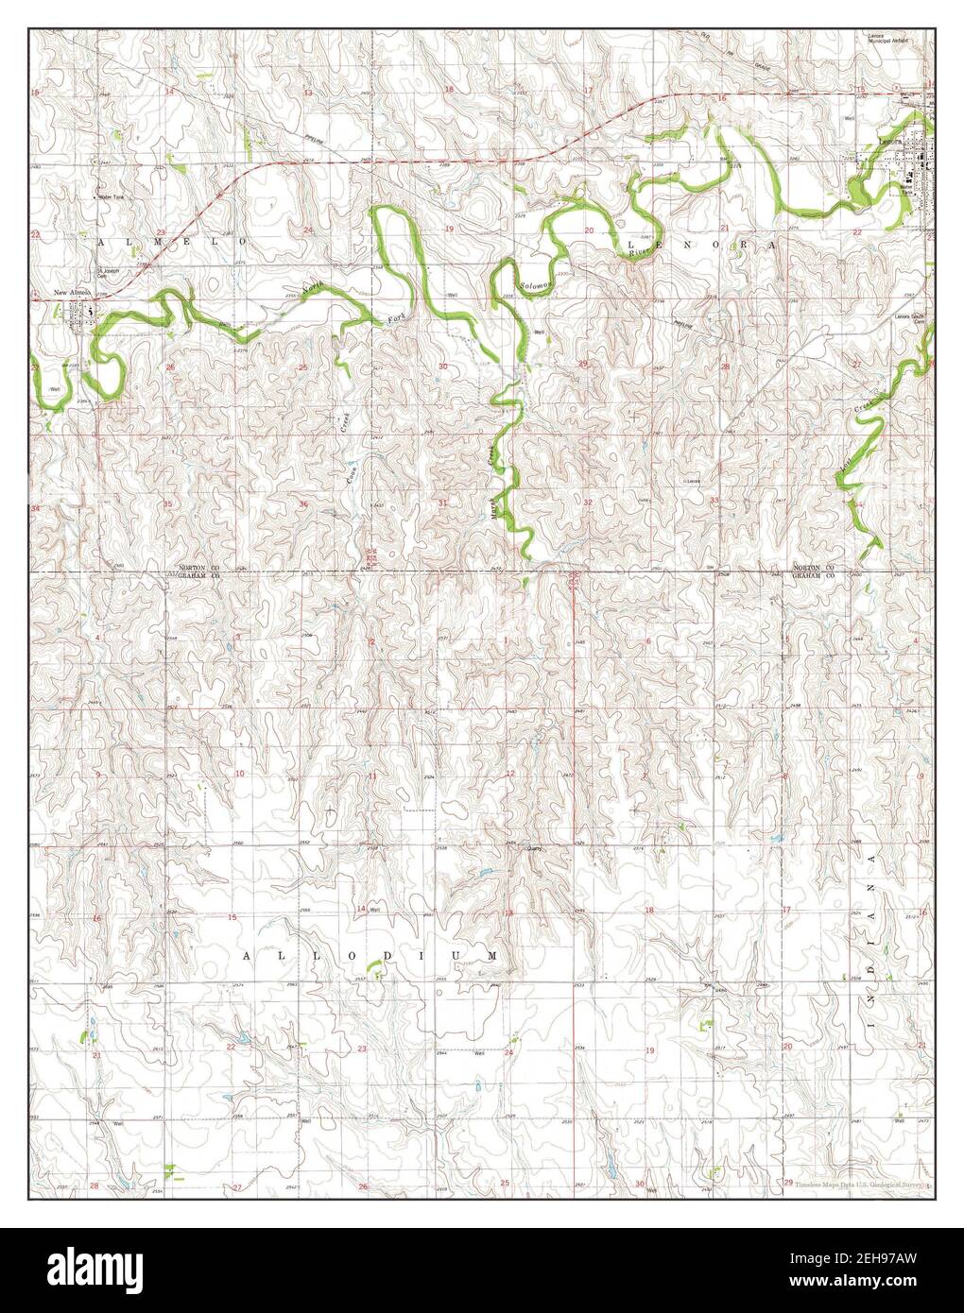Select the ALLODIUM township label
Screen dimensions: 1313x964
pos(370,956)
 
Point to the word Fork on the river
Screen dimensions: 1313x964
pos(397,320)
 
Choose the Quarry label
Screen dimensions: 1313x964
pos(536,848)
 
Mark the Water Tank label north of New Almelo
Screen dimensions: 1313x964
pos(112,196)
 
